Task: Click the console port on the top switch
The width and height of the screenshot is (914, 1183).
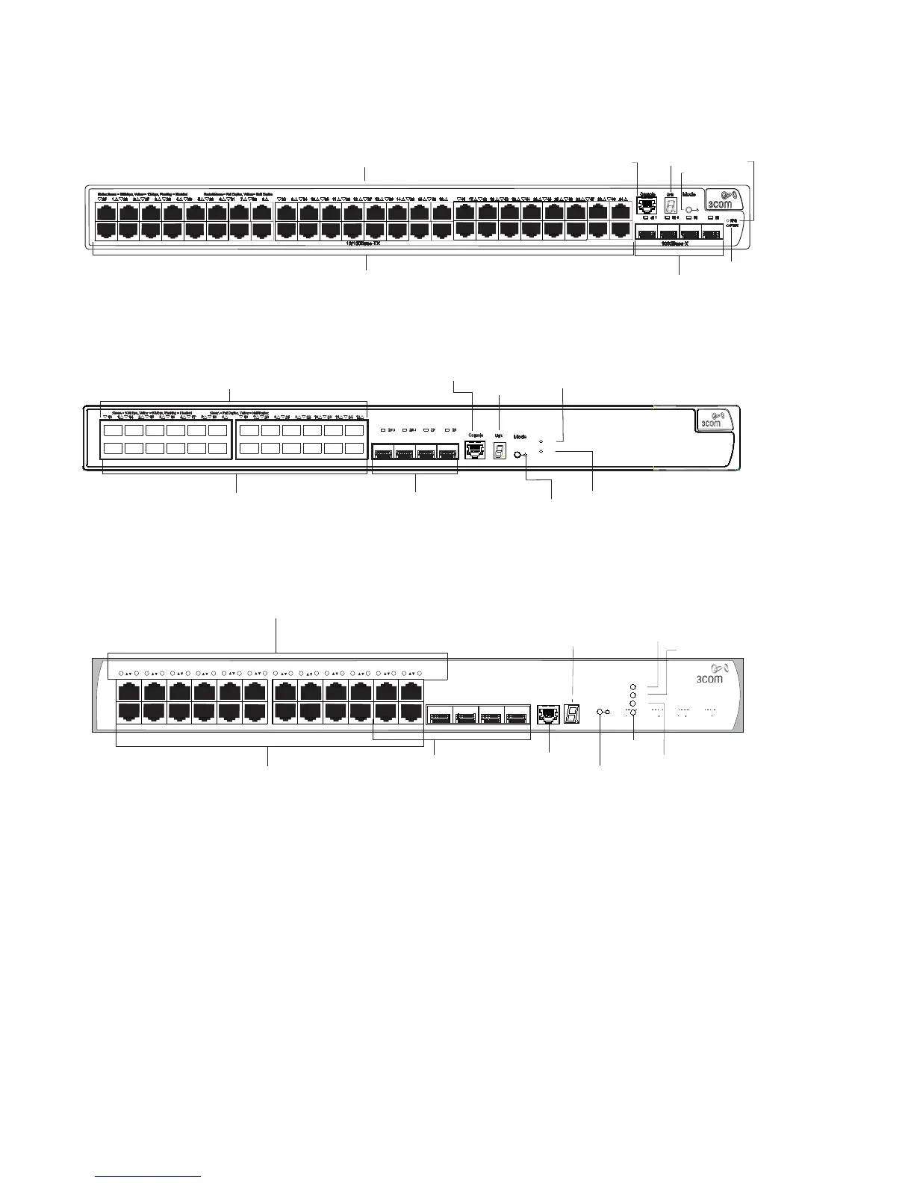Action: click(647, 208)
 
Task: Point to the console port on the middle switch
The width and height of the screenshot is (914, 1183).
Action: click(474, 450)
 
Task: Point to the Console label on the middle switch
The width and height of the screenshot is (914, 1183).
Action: click(475, 435)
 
